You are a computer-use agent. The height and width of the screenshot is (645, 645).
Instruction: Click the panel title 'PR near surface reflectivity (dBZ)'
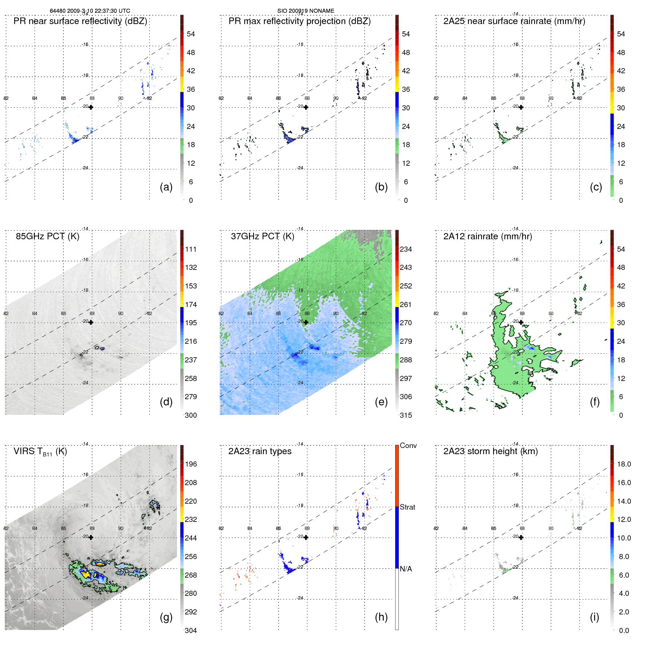point(80,21)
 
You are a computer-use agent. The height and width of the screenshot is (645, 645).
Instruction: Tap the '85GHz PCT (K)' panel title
point(47,236)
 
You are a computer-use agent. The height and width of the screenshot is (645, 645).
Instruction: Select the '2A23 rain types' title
point(260,451)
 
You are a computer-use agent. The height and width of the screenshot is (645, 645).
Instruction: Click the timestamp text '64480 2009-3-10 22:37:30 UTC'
point(90,11)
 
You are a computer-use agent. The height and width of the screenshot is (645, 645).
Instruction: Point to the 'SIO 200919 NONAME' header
point(306,11)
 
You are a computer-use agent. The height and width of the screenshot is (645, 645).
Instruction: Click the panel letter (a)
point(166,187)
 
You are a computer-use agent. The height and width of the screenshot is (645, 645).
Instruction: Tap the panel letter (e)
point(381,402)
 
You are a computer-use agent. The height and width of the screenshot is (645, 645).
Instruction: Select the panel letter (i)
point(594,617)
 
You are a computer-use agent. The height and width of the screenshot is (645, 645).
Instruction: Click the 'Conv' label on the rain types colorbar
point(408,445)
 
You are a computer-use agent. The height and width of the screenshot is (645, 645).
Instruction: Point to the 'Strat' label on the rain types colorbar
point(408,507)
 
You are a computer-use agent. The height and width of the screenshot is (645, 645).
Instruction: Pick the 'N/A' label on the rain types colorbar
point(406,569)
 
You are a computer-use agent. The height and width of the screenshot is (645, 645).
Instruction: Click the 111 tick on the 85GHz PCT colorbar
point(191,249)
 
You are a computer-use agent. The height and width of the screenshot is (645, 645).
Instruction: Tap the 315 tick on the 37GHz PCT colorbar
point(406,415)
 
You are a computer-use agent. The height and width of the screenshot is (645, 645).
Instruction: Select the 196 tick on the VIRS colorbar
point(191,464)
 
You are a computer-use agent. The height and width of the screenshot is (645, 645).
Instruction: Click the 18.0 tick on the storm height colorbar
point(624,464)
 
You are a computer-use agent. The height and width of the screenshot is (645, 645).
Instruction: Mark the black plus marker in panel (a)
point(91,107)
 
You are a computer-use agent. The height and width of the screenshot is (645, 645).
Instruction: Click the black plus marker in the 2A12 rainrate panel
point(521,322)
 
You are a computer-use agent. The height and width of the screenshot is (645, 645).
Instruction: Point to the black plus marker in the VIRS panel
point(91,537)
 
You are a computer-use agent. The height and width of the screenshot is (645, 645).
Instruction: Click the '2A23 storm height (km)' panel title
point(491,451)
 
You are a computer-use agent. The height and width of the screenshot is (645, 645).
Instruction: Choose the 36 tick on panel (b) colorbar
point(406,89)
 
